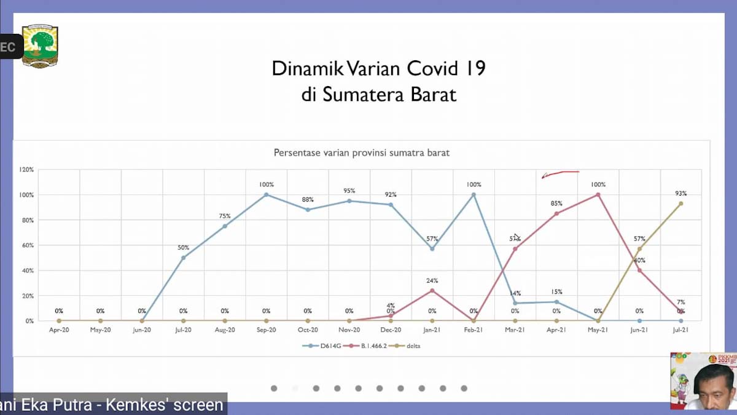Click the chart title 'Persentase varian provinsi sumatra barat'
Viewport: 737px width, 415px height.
pyautogui.click(x=361, y=152)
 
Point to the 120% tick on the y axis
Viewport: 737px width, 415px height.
pyautogui.click(x=26, y=170)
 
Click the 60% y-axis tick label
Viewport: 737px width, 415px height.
pyautogui.click(x=27, y=245)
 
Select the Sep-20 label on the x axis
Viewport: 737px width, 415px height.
pyautogui.click(x=266, y=330)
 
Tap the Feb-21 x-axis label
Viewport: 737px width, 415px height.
pyautogui.click(x=474, y=330)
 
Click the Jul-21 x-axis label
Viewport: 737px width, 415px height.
pyautogui.click(x=680, y=330)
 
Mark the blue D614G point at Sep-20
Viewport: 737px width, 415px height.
pyautogui.click(x=266, y=195)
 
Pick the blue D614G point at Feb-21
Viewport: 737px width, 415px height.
pyautogui.click(x=474, y=195)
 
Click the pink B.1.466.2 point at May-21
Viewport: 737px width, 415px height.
pyautogui.click(x=598, y=195)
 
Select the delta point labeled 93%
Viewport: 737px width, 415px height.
pyautogui.click(x=680, y=204)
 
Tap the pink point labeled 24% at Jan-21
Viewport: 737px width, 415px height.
pyautogui.click(x=432, y=290)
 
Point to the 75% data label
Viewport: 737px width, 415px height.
pyautogui.click(x=225, y=216)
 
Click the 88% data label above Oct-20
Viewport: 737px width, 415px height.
pyautogui.click(x=308, y=200)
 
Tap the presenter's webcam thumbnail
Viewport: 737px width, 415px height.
pyautogui.click(x=703, y=381)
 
